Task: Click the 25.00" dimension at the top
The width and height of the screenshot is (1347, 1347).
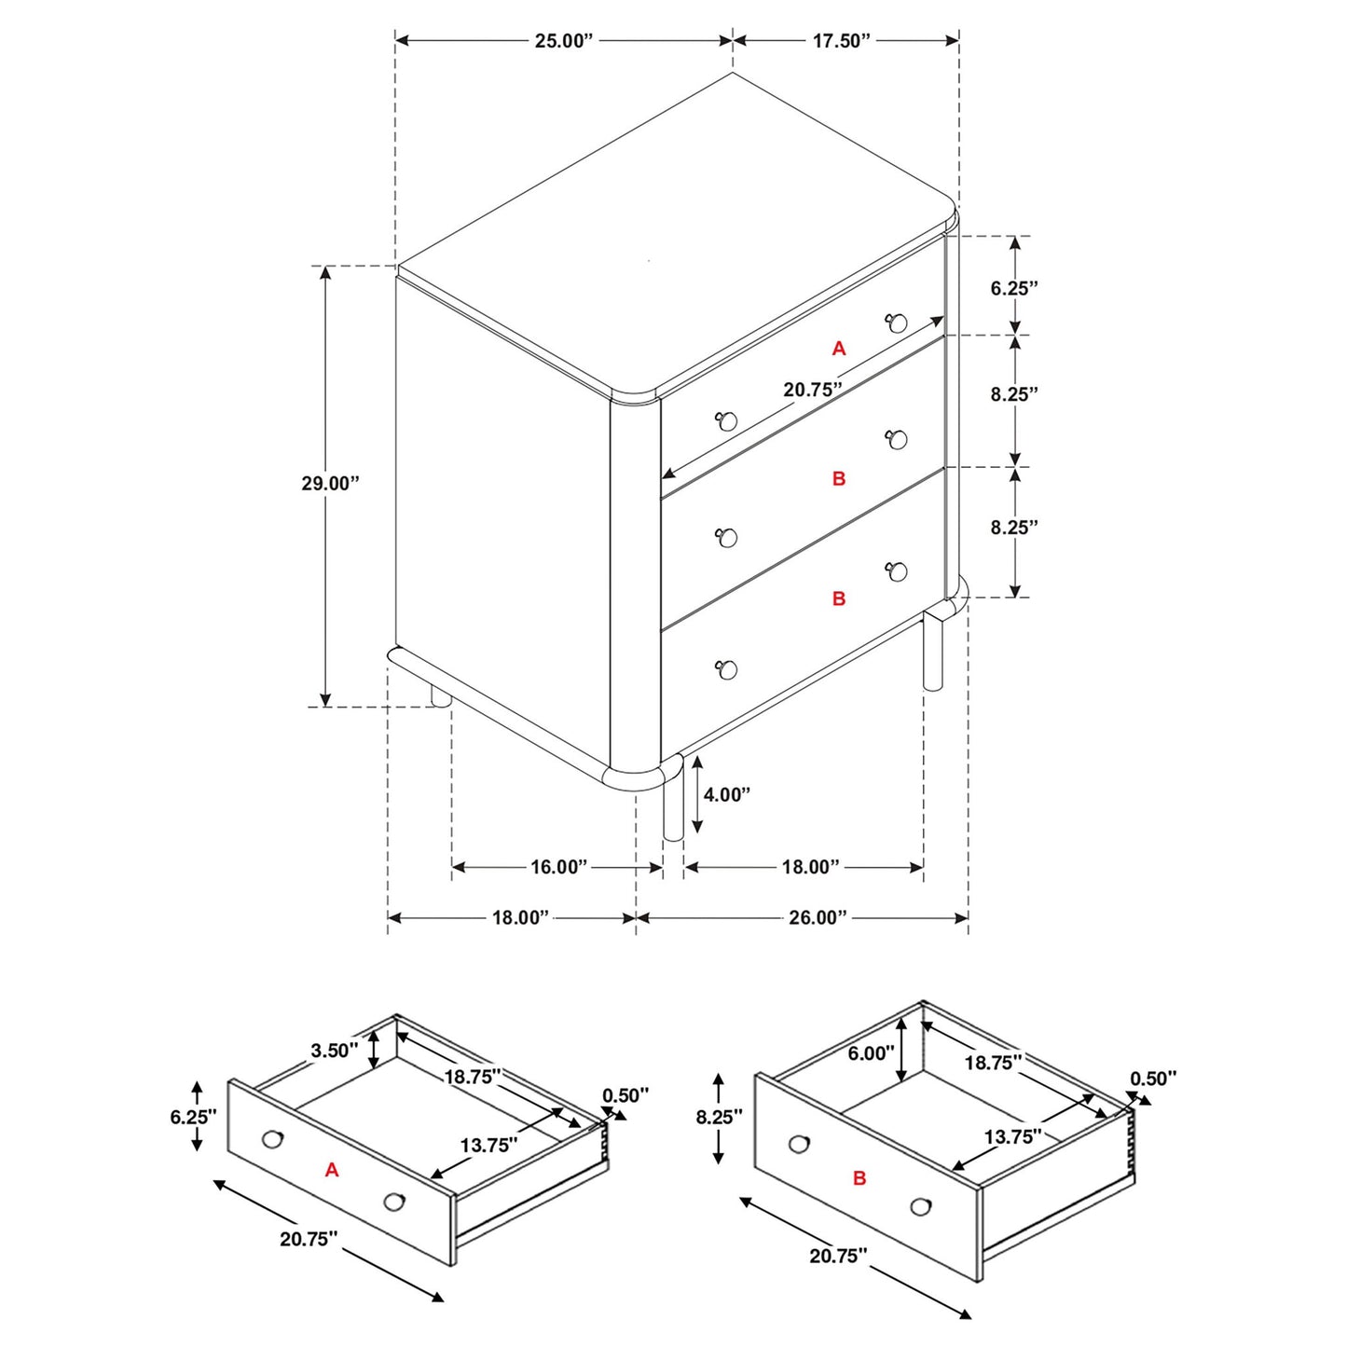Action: pyautogui.click(x=563, y=41)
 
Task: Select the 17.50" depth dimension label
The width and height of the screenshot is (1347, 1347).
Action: pyautogui.click(x=840, y=41)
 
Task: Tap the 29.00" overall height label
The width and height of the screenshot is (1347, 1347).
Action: pyautogui.click(x=329, y=484)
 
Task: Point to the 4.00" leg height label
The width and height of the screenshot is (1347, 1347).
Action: pyautogui.click(x=726, y=795)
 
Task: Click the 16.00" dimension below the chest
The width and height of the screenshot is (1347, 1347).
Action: pyautogui.click(x=558, y=868)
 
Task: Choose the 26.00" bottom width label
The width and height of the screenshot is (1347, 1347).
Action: pyautogui.click(x=818, y=918)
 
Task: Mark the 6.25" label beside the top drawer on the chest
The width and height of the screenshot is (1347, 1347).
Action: pyautogui.click(x=1013, y=289)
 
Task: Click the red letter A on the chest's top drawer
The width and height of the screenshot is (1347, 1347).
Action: pyautogui.click(x=839, y=349)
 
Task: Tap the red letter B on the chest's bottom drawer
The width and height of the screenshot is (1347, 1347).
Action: pyautogui.click(x=839, y=599)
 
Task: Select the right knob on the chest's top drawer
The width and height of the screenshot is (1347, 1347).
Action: pyautogui.click(x=898, y=323)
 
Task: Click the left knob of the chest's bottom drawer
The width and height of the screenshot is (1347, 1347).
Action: pyautogui.click(x=728, y=669)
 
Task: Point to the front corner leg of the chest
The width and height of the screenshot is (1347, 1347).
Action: pyautogui.click(x=673, y=802)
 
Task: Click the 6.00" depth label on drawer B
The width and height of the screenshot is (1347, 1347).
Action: pyautogui.click(x=871, y=1053)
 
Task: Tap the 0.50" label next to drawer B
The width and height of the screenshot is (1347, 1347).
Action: pyautogui.click(x=1153, y=1079)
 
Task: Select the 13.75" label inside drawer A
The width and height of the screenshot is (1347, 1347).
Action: pyautogui.click(x=488, y=1146)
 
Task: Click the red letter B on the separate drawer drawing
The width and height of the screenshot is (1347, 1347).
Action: pyautogui.click(x=859, y=1178)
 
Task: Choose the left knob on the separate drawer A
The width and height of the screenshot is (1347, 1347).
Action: pyautogui.click(x=272, y=1139)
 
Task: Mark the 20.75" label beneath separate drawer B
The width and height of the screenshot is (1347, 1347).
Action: pyautogui.click(x=837, y=1257)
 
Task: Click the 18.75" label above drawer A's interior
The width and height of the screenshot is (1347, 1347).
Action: pyautogui.click(x=472, y=1077)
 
